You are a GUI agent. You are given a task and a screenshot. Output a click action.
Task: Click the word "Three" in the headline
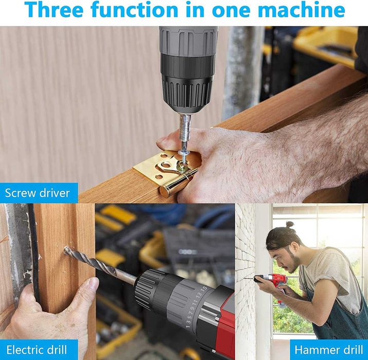(54, 10)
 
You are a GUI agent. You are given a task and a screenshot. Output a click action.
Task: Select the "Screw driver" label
(38, 193)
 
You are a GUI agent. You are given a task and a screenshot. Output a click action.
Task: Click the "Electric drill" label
(36, 350)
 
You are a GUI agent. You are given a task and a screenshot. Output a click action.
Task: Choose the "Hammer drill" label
(329, 350)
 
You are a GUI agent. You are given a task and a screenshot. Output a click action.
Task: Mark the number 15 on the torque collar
(204, 289)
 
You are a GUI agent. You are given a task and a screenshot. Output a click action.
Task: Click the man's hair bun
(290, 225)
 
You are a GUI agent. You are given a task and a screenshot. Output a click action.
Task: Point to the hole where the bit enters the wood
(65, 250)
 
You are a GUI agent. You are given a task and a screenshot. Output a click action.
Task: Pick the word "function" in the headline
(134, 10)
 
